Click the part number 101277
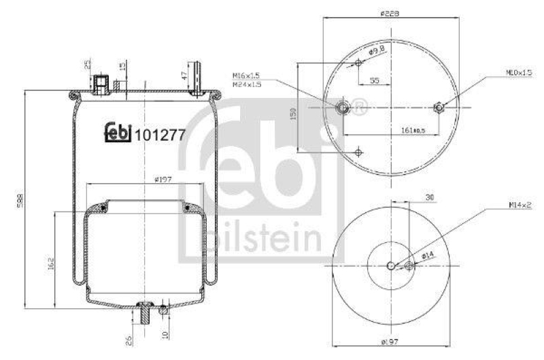pyautogui.click(x=160, y=134)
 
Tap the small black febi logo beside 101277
pyautogui.click(x=118, y=133)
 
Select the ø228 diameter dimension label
pyautogui.click(x=390, y=13)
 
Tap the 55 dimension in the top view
pyautogui.click(x=374, y=80)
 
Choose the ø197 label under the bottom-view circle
pyautogui.click(x=390, y=341)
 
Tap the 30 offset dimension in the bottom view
pyautogui.click(x=430, y=197)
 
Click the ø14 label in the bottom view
pyautogui.click(x=428, y=255)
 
